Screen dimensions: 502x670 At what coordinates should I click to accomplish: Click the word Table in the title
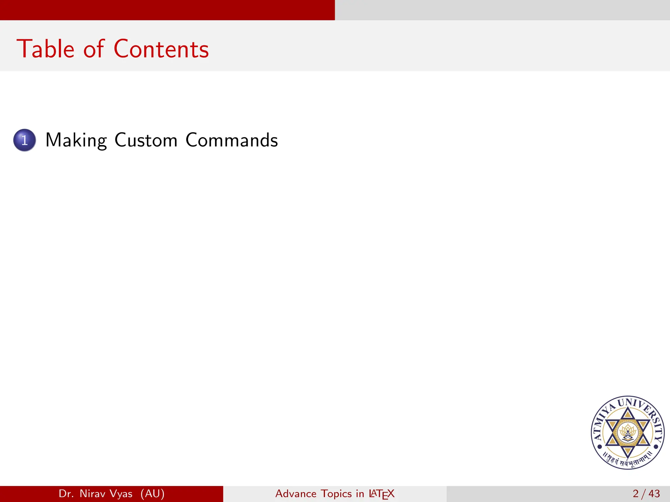tap(45, 49)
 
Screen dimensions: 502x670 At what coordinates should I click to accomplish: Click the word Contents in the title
tap(161, 49)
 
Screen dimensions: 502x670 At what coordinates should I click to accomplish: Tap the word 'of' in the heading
tap(94, 49)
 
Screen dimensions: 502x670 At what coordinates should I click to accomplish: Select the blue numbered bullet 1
tap(25, 140)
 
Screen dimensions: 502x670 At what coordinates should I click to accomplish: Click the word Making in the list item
tap(76, 141)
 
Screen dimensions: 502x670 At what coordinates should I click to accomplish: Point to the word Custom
tap(146, 140)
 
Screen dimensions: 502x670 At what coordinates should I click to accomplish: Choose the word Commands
tap(232, 140)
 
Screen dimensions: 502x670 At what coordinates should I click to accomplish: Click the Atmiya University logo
tap(627, 433)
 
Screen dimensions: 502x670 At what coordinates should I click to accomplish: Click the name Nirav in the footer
tap(92, 494)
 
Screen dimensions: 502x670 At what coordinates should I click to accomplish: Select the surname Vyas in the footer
tap(121, 494)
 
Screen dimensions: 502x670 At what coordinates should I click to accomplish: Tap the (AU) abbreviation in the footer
tap(152, 494)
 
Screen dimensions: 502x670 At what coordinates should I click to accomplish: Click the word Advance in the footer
tap(296, 494)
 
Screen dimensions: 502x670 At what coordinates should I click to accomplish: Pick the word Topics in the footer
tap(336, 494)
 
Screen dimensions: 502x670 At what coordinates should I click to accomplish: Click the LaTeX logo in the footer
tap(381, 494)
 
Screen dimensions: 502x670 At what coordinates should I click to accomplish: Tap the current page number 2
tap(636, 494)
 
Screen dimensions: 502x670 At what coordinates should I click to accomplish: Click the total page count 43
tap(654, 494)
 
